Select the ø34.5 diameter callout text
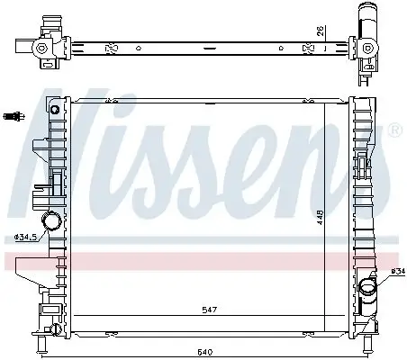pos(26,238)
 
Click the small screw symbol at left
pos(14,114)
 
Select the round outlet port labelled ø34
pos(366,288)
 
